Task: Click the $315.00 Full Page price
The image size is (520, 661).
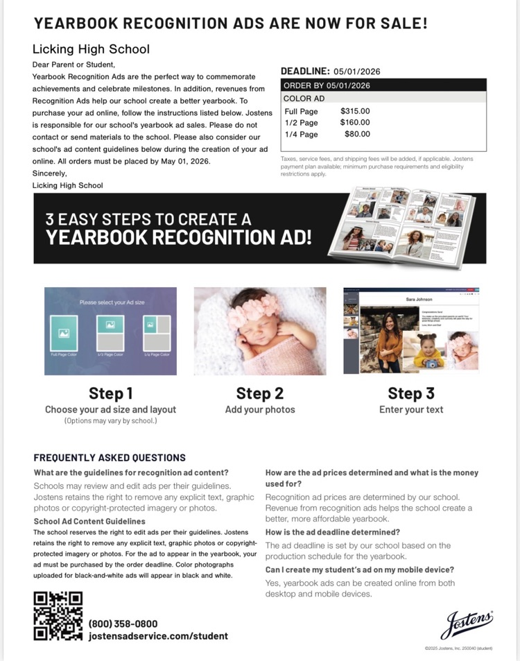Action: point(355,111)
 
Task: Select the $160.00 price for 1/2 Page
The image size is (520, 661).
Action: point(355,123)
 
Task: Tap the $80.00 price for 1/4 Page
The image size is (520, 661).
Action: point(357,134)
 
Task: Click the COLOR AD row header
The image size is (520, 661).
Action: point(304,98)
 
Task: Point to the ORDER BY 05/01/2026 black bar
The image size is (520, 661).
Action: point(383,85)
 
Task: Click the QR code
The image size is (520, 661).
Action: point(58,615)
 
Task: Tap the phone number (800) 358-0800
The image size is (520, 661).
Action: point(123,624)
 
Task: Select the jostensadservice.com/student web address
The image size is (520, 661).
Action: point(158,636)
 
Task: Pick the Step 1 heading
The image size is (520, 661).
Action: point(110,393)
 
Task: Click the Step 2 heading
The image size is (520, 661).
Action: point(259,393)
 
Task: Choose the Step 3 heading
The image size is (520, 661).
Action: point(410,393)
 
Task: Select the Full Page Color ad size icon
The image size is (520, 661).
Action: point(64,333)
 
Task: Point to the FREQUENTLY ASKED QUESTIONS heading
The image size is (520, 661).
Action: point(110,458)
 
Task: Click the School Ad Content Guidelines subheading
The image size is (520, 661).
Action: point(89,521)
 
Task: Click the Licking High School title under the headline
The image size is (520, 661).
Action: point(91,49)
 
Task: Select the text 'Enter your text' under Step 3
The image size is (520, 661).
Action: point(410,410)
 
